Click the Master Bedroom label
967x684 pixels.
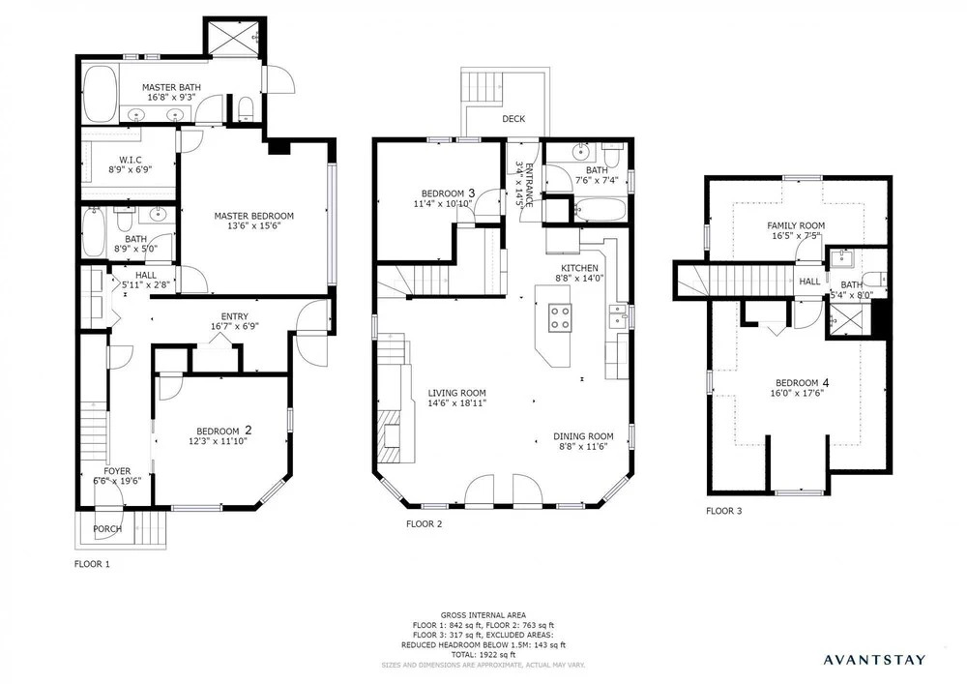(253, 216)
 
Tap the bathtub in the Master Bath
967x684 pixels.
(99, 95)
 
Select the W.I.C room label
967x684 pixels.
(131, 160)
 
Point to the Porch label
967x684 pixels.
(107, 528)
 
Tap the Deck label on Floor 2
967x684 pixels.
(513, 118)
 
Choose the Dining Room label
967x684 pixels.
(583, 436)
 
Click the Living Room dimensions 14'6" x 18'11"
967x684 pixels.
(457, 402)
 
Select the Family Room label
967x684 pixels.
(796, 225)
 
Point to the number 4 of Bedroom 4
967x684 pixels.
(825, 382)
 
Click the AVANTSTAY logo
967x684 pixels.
(874, 660)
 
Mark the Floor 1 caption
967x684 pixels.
(92, 564)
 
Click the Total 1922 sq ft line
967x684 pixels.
(483, 655)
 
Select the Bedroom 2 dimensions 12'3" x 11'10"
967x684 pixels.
(218, 441)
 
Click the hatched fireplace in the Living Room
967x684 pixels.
(390, 442)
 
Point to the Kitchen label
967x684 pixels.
(579, 268)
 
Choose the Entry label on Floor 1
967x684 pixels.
(234, 316)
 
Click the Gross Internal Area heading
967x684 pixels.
(483, 615)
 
